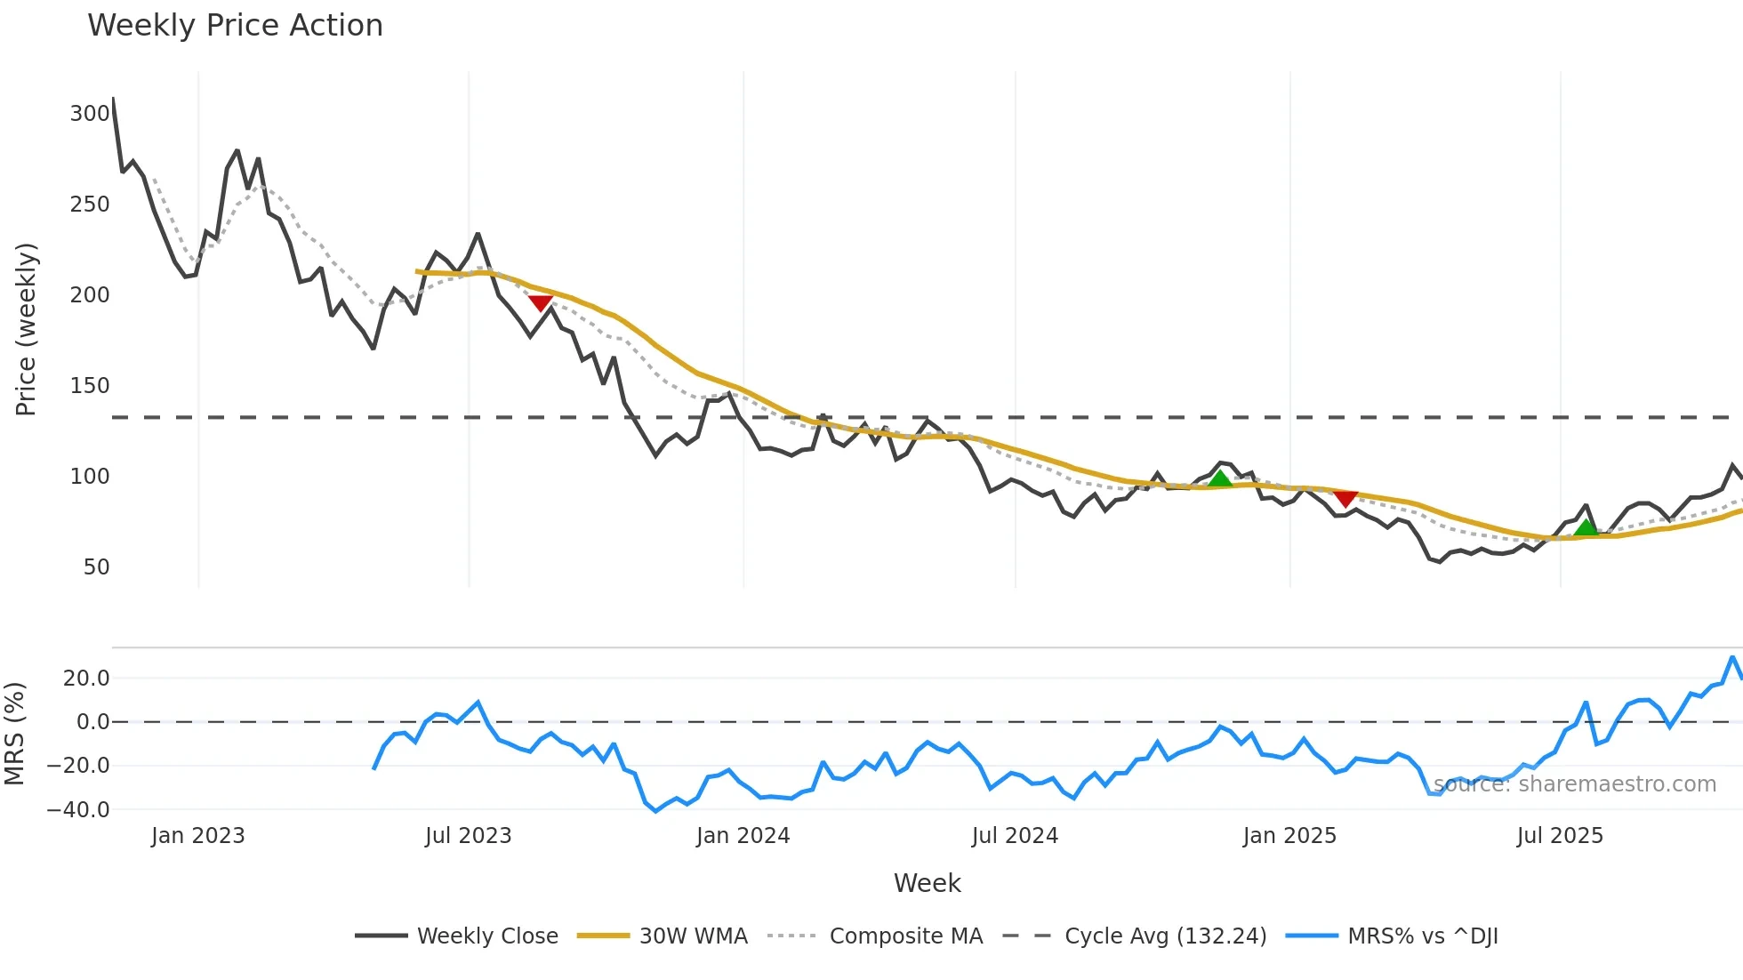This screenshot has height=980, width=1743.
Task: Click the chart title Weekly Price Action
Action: (235, 26)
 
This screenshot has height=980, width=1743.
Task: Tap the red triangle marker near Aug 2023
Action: (540, 303)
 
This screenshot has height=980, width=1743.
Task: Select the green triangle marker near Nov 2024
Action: (1220, 478)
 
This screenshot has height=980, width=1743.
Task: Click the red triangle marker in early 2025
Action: (1345, 498)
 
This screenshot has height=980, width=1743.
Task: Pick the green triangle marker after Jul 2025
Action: (1586, 527)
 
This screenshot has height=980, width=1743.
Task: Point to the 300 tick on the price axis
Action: (90, 114)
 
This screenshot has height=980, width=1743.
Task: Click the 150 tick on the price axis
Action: (90, 386)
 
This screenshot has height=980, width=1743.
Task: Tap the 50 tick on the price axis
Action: (96, 567)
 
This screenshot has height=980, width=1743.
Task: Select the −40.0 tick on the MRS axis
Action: (78, 810)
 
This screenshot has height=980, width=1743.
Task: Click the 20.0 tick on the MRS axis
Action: (86, 679)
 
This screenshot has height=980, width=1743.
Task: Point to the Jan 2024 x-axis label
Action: (743, 836)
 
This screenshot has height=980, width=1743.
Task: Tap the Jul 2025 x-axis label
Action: (1560, 836)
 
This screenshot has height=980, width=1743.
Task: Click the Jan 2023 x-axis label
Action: (197, 836)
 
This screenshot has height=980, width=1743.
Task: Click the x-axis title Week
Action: (927, 883)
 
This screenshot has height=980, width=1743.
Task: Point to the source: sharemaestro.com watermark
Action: (1575, 784)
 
